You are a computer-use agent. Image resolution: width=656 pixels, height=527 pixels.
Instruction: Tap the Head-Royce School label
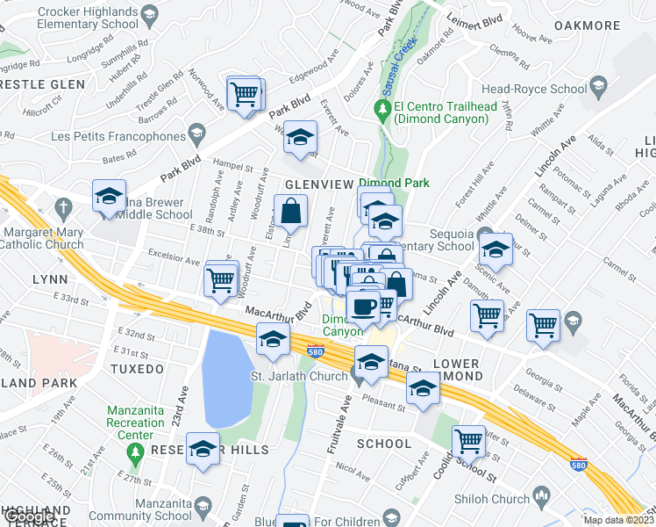pyautogui.click(x=533, y=89)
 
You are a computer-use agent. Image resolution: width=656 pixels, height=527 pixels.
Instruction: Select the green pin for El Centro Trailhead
pyautogui.click(x=381, y=111)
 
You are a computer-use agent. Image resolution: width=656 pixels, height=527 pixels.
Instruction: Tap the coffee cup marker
pyautogui.click(x=362, y=307)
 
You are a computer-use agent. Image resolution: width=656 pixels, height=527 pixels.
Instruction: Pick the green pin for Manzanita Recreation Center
pyautogui.click(x=134, y=451)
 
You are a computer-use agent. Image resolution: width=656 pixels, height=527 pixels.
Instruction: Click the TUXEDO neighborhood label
pyautogui.click(x=137, y=369)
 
